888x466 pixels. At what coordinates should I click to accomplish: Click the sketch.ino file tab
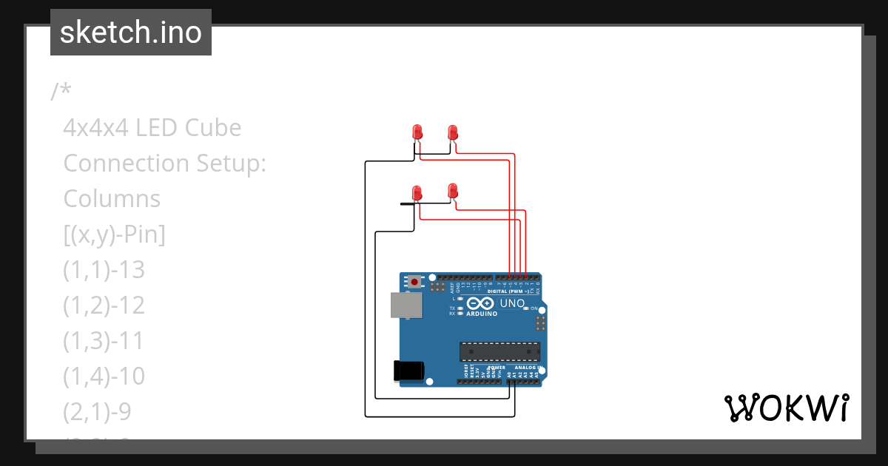point(131,33)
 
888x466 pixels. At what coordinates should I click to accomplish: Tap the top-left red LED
point(417,132)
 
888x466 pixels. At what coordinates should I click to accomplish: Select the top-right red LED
point(453,132)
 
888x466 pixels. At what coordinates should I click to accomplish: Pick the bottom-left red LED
point(417,193)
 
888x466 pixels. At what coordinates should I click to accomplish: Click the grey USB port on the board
point(406,305)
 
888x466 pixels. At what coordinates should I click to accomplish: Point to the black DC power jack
point(408,370)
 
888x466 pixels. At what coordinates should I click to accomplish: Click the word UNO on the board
point(512,303)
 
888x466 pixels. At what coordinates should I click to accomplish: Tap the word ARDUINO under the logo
point(481,314)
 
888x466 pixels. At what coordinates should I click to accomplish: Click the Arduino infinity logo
point(480,303)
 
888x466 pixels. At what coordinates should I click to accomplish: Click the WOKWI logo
point(786,408)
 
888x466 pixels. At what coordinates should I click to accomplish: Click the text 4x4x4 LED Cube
point(152,128)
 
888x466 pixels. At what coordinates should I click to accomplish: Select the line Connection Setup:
point(164,163)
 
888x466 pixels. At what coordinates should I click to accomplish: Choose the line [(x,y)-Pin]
point(114,234)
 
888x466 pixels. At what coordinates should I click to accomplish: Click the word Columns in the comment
point(112,199)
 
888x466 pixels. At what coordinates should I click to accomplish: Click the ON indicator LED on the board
point(526,307)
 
